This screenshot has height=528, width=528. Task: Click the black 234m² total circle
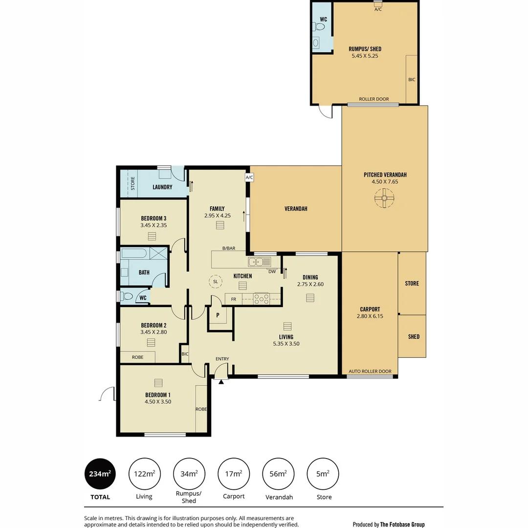(x=100, y=473)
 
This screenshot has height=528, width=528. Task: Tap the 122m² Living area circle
(x=144, y=473)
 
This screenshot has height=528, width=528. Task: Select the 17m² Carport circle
(x=233, y=473)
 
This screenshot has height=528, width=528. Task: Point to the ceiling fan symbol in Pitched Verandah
(x=384, y=198)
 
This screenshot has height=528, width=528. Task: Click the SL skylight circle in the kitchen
(x=215, y=282)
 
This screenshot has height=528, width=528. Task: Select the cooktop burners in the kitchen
(x=262, y=298)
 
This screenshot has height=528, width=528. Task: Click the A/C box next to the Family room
(x=249, y=177)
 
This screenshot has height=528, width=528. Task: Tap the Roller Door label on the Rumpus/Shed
(x=374, y=99)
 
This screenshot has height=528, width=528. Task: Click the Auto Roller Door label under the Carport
(x=370, y=372)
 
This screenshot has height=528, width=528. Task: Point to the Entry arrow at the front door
(x=221, y=381)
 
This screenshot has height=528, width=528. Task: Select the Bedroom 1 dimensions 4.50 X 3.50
(x=158, y=401)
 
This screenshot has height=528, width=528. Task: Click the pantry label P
(x=218, y=315)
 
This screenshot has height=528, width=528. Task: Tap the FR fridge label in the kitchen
(x=234, y=299)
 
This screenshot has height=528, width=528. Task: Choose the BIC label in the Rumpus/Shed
(x=412, y=79)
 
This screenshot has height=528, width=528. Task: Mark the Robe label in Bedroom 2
(x=138, y=357)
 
